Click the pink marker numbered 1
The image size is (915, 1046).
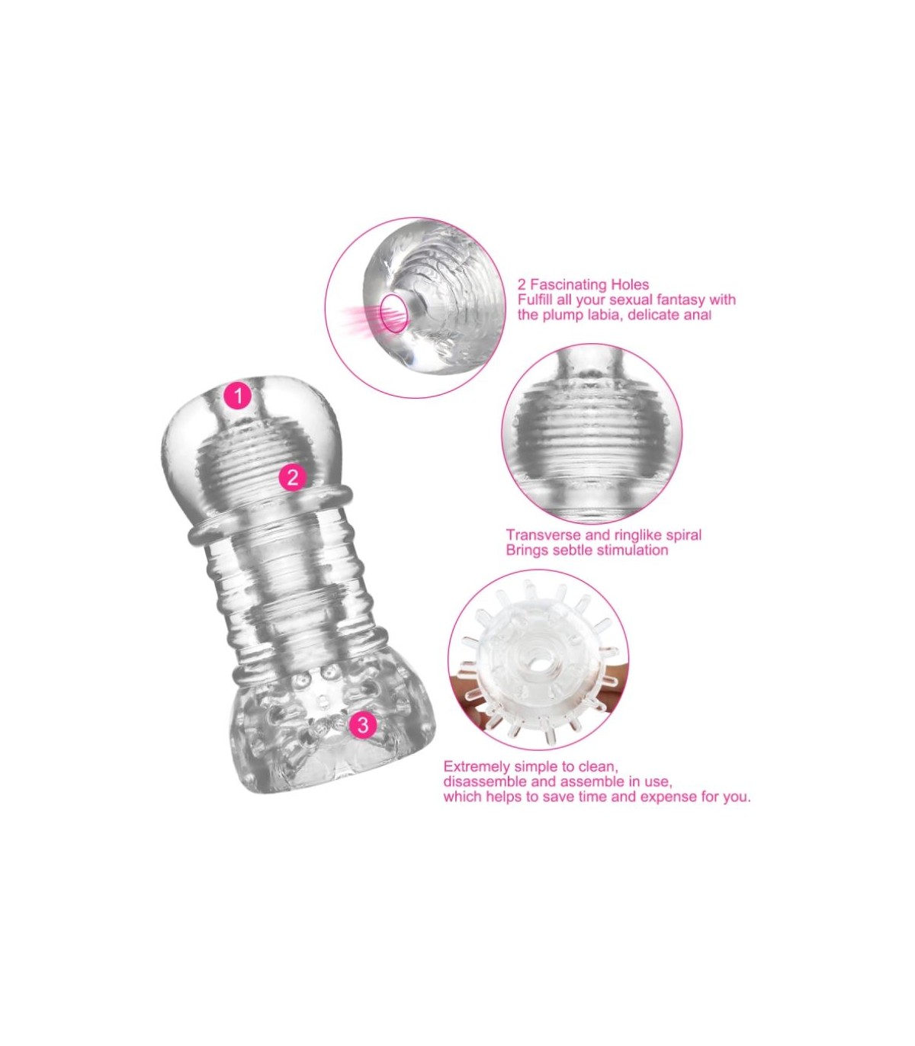pyautogui.click(x=238, y=395)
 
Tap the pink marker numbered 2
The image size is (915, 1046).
pyautogui.click(x=292, y=477)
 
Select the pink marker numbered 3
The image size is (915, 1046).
pyautogui.click(x=362, y=724)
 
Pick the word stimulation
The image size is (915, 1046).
pyautogui.click(x=628, y=550)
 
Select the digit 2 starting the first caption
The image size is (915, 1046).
pyautogui.click(x=522, y=284)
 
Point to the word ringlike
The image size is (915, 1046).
pyautogui.click(x=634, y=536)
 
